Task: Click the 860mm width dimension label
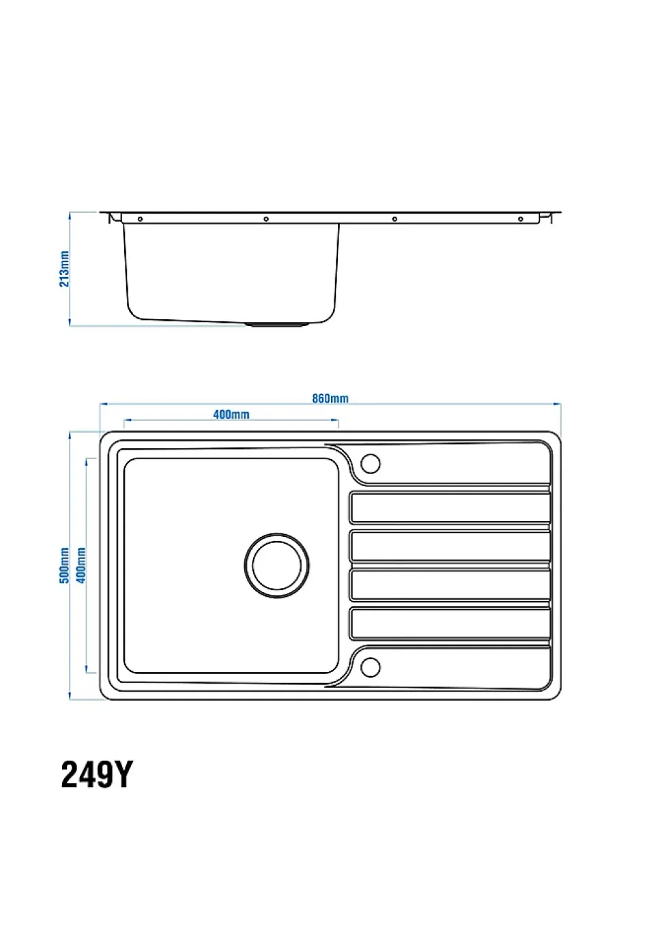(x=330, y=398)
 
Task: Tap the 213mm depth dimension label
(x=64, y=269)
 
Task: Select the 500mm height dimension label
(x=64, y=565)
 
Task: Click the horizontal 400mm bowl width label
(x=231, y=414)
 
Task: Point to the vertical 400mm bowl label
(x=81, y=565)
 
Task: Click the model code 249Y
(x=97, y=774)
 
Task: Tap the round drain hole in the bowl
(x=276, y=565)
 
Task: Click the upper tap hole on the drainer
(x=370, y=464)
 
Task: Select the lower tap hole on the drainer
(x=370, y=667)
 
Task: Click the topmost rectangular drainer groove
(x=450, y=508)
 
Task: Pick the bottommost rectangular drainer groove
(x=450, y=623)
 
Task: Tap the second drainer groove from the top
(x=450, y=546)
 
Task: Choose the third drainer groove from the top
(x=450, y=585)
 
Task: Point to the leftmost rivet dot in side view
(x=140, y=219)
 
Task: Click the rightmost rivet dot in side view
(x=521, y=219)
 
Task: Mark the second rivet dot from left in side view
(x=266, y=219)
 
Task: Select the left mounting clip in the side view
(x=116, y=218)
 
